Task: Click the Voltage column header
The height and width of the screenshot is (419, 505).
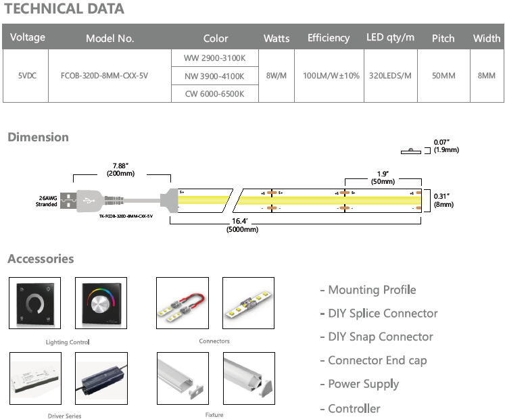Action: click(28, 37)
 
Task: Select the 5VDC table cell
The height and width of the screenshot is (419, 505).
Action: click(26, 75)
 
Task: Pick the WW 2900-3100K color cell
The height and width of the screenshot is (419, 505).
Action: click(214, 58)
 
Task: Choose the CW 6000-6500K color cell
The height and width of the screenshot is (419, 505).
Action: click(214, 93)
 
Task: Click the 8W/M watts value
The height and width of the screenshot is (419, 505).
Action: click(276, 75)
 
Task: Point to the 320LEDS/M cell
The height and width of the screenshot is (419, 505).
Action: click(390, 75)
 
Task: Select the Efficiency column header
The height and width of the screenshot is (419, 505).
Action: click(328, 38)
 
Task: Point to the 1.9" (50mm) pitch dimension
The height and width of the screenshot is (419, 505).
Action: click(383, 177)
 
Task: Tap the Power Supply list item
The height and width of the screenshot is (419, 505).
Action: click(363, 384)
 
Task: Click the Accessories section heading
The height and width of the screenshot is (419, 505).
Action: click(41, 259)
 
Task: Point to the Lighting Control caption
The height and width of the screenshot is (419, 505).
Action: click(67, 343)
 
